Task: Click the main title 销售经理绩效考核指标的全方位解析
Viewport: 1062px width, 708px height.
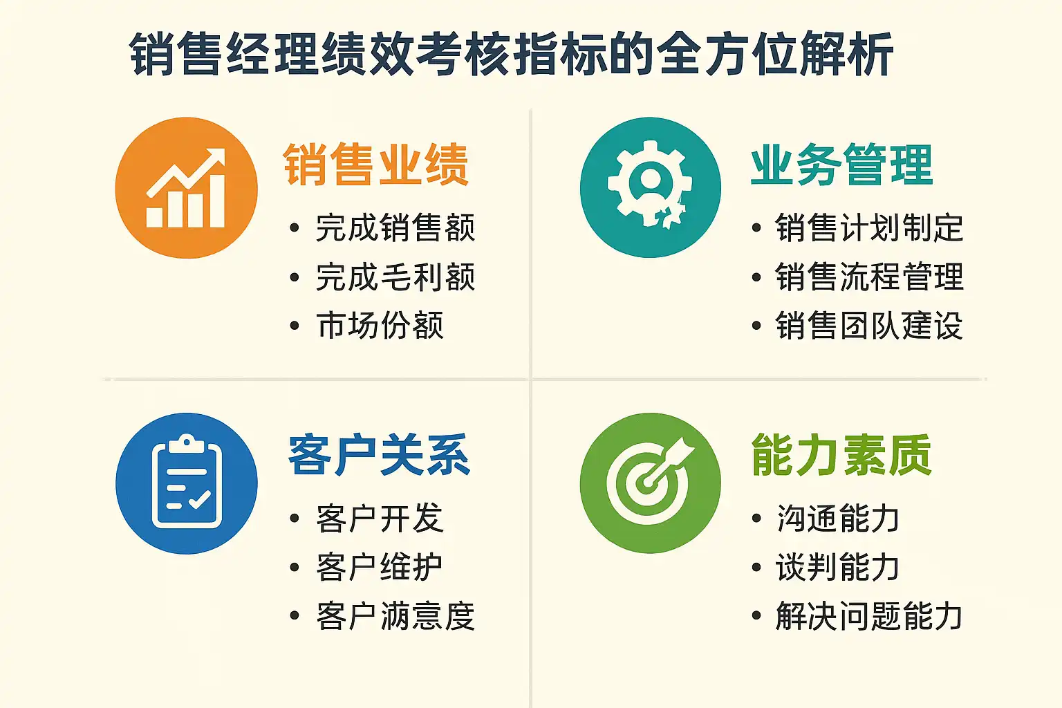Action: click(511, 54)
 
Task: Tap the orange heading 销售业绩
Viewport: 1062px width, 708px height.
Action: click(376, 164)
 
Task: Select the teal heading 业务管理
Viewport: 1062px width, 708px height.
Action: click(841, 164)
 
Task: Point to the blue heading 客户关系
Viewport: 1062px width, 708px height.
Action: click(379, 454)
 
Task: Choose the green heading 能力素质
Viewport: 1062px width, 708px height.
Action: click(841, 454)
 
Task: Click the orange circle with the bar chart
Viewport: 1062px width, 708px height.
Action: click(186, 188)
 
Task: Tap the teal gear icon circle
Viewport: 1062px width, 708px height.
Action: click(651, 187)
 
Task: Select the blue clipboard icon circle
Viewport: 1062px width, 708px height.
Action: click(186, 483)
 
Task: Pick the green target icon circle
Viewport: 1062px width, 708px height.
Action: click(651, 483)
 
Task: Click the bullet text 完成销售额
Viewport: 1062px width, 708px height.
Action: click(395, 227)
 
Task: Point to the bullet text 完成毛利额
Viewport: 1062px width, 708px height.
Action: click(395, 277)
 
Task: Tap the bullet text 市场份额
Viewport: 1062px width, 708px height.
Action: click(380, 325)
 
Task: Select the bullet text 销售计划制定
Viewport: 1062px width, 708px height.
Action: click(869, 227)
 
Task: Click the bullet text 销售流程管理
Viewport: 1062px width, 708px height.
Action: click(869, 277)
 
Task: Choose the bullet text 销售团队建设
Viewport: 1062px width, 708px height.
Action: click(869, 325)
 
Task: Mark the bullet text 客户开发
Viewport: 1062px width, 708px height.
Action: click(380, 518)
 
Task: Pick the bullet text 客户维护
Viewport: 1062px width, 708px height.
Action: click(380, 567)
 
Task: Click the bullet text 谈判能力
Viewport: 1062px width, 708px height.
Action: click(837, 567)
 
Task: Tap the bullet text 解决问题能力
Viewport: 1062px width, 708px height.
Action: click(868, 615)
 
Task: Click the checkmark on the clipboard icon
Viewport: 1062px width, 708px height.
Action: click(200, 499)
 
